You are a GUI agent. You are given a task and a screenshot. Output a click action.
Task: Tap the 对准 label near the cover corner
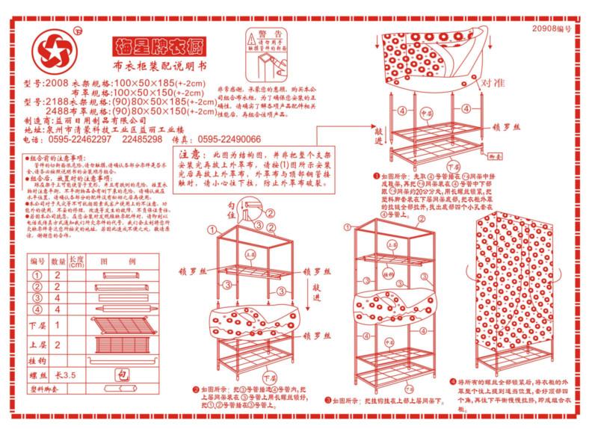coord(490,82)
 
